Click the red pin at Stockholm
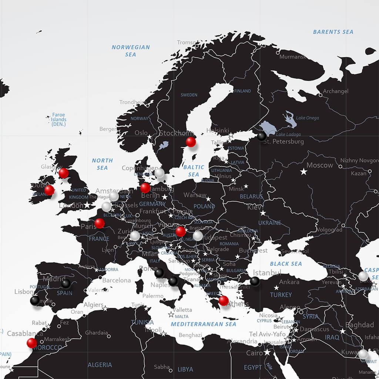coord(191,142)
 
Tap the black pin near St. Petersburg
coord(262,136)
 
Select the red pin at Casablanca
coord(32,343)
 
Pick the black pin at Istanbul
coord(255,281)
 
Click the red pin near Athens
coord(224,301)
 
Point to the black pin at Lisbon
coord(34,300)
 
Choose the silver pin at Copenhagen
coord(159,173)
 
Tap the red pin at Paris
coord(99,223)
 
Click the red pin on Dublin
coord(49,190)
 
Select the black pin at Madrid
coord(66,284)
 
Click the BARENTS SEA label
coord(333,32)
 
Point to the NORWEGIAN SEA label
coord(131,51)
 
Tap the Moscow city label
coord(320,165)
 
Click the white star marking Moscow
coord(303,171)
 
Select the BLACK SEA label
coord(286,264)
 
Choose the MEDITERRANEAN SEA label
coord(203,324)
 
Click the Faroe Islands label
coord(58,120)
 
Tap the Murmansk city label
coord(292,57)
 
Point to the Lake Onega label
coord(307,118)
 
